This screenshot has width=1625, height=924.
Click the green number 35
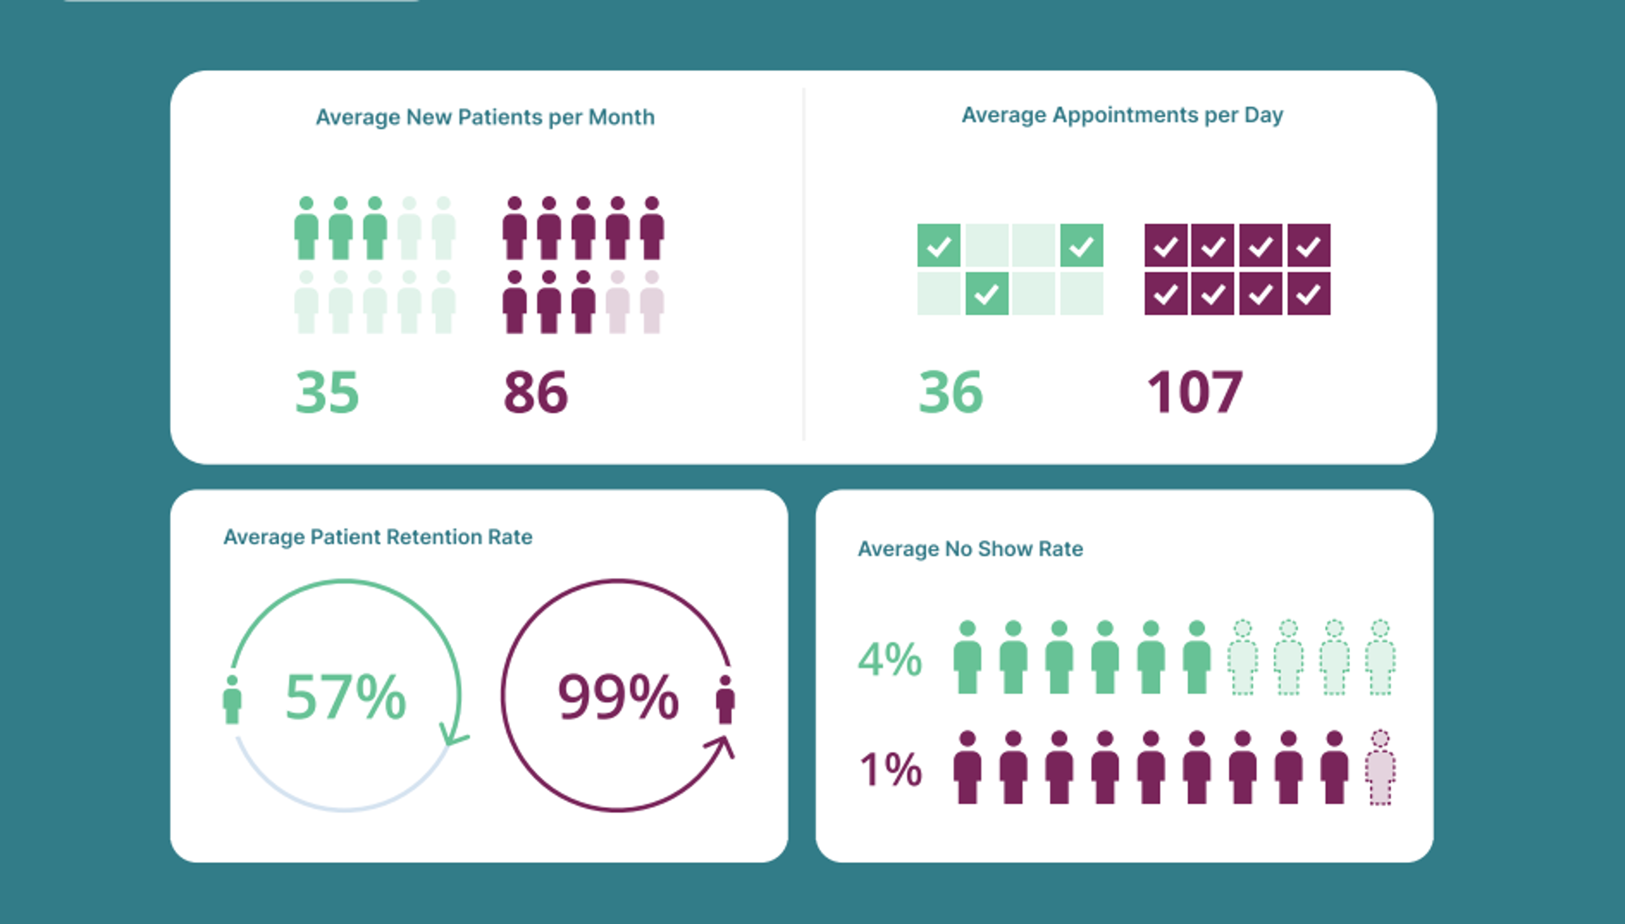click(327, 392)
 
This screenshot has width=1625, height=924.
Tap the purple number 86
click(535, 392)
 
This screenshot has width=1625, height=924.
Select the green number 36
click(950, 392)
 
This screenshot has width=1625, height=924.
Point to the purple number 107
click(1194, 392)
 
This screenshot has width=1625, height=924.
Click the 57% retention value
click(345, 697)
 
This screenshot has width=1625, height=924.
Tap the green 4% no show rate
click(889, 659)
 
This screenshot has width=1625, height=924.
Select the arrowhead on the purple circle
click(722, 746)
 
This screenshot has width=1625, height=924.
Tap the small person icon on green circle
click(233, 700)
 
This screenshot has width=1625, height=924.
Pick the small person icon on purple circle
click(725, 700)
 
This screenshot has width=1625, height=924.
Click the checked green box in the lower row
click(986, 294)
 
